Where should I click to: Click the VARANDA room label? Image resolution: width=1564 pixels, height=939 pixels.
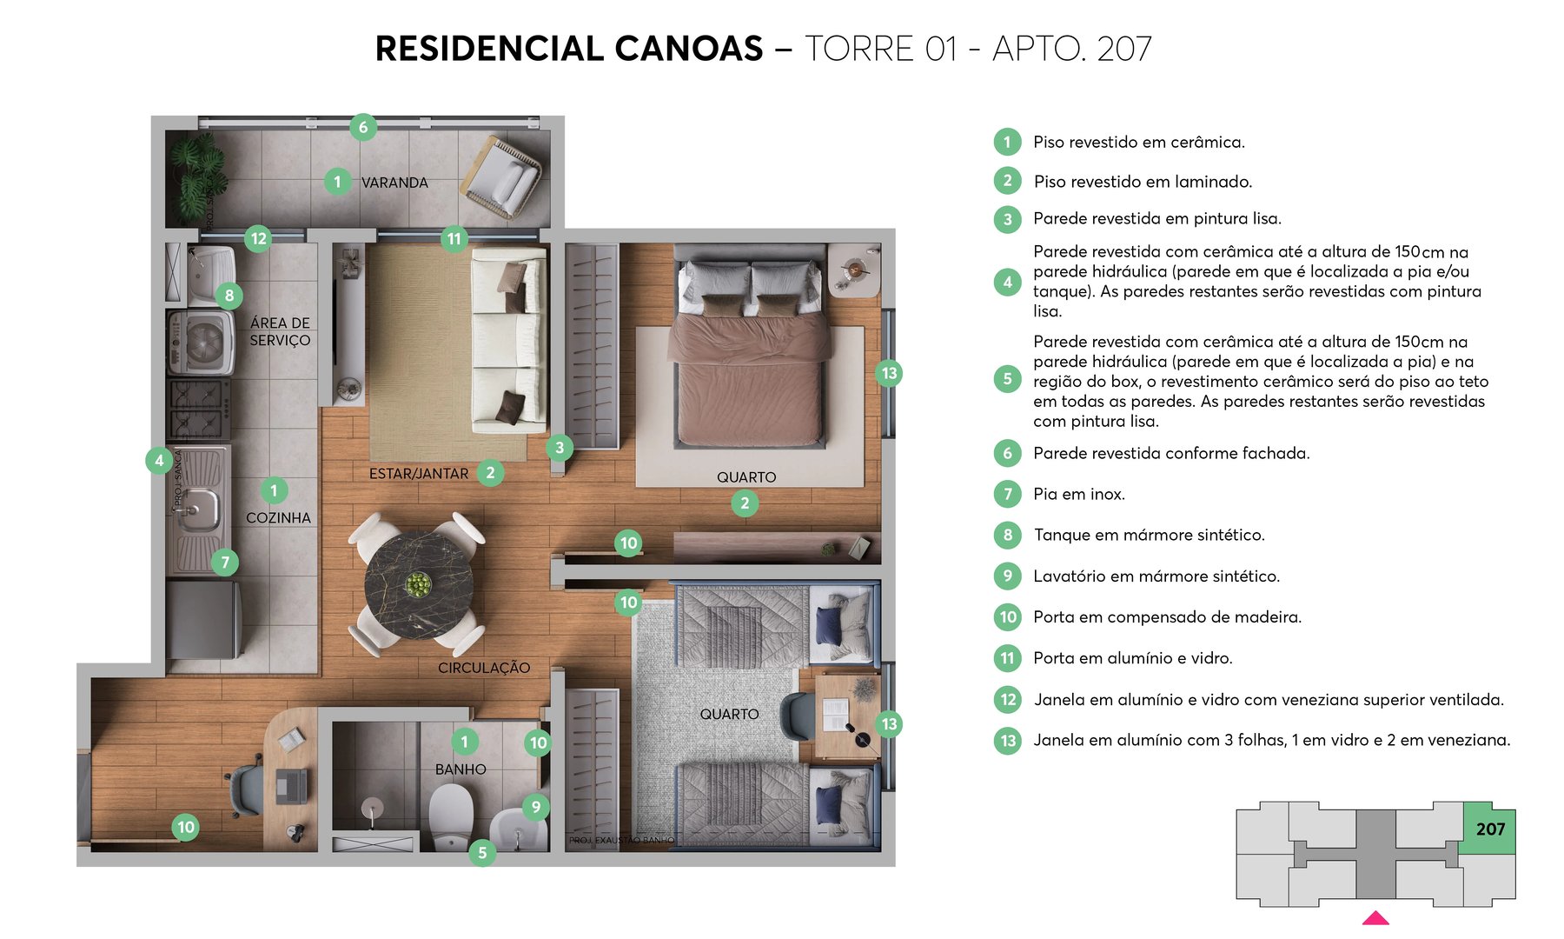(x=394, y=183)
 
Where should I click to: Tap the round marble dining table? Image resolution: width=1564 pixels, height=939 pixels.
(x=418, y=583)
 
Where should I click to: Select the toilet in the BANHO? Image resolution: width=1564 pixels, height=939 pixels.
(x=451, y=817)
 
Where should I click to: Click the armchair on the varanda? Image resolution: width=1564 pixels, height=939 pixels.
(x=503, y=177)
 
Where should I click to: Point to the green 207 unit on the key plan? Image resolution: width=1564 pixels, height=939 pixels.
(x=1489, y=829)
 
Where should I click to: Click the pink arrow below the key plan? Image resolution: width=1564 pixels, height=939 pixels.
(x=1375, y=918)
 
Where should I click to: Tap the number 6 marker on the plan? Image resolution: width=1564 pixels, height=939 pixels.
(x=363, y=127)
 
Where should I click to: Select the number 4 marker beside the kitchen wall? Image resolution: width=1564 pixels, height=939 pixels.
(x=158, y=460)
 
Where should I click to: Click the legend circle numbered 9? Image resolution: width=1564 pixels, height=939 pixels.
(x=1007, y=576)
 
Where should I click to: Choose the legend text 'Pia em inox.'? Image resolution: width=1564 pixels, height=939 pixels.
(x=1078, y=494)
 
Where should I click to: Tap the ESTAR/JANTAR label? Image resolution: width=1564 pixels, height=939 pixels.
(x=419, y=474)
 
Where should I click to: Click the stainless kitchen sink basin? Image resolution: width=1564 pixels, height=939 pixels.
(x=199, y=509)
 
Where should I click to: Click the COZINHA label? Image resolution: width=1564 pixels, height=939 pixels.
(x=278, y=517)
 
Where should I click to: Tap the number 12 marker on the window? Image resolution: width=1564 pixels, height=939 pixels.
(x=258, y=238)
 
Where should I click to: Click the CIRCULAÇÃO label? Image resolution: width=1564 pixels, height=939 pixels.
(x=484, y=668)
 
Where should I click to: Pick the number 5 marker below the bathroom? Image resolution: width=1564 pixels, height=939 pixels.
(x=482, y=853)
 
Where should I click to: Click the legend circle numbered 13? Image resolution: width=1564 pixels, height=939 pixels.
(x=1007, y=740)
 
